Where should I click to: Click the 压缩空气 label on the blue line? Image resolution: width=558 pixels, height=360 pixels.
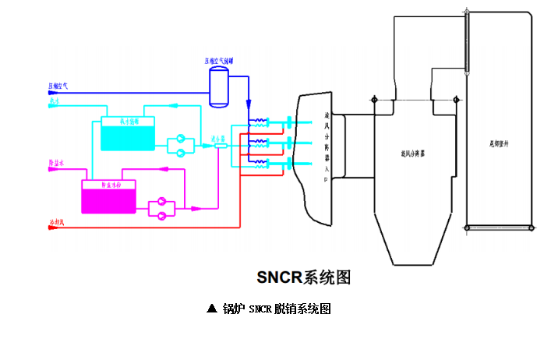[x=58, y=85]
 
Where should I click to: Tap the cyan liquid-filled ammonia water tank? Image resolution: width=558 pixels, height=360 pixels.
[x=128, y=136]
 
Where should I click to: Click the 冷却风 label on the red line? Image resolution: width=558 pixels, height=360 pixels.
[x=58, y=224]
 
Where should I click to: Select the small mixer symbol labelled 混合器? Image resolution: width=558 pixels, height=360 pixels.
[x=221, y=146]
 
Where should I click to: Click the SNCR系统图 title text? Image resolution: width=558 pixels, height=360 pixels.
[x=305, y=277]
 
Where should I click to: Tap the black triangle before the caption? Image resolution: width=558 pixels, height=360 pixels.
[x=211, y=309]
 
